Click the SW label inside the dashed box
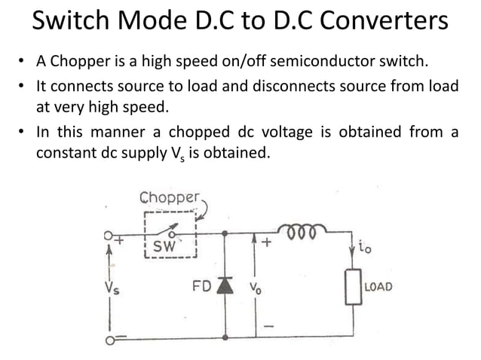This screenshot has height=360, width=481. [x=164, y=246]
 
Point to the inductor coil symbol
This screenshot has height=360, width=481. [x=302, y=227]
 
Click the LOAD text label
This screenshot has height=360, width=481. [x=378, y=287]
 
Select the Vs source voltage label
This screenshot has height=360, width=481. [x=112, y=288]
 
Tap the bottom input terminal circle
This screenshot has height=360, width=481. [x=110, y=340]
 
